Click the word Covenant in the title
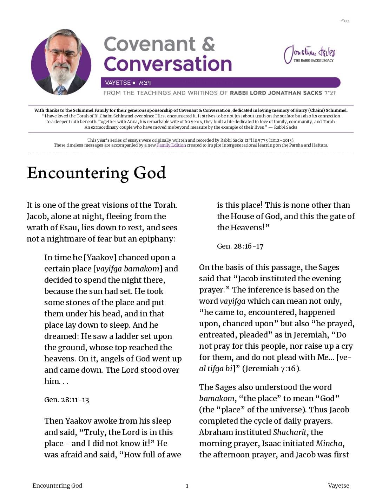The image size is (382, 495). coord(150,44)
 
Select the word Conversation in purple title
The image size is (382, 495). coord(168,64)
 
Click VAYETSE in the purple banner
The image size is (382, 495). coord(118,83)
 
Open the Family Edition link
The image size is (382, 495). coord(171,145)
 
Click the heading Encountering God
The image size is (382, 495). coord(96,173)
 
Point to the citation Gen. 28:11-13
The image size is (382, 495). coord(67,400)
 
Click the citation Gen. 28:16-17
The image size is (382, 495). coord(240,246)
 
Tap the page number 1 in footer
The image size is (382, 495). coord(187,486)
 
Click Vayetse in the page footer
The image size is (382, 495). coord(338,486)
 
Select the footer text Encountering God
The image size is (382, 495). coord(57,486)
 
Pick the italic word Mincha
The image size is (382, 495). coord(329,443)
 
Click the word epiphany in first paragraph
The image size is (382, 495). coord(157,239)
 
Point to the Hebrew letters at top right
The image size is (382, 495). coord(344,21)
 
